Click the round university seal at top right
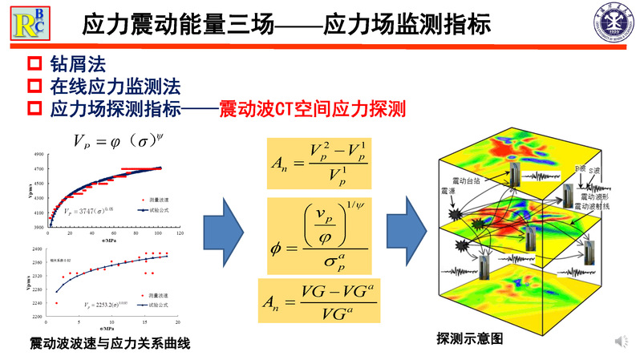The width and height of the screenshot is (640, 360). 614,23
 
